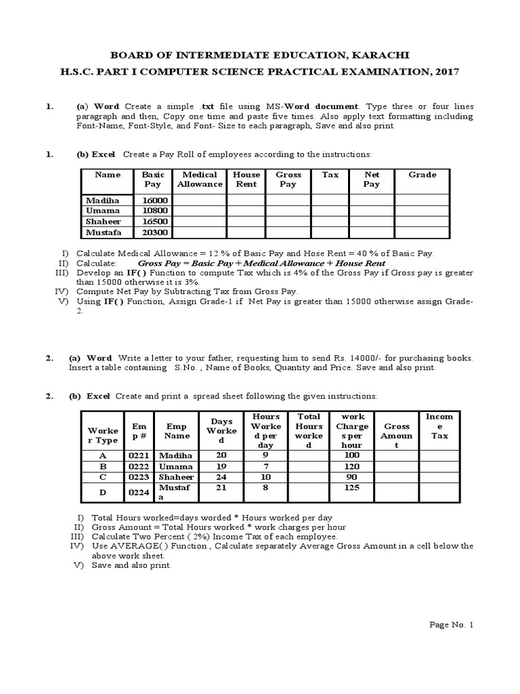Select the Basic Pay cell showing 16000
[x=154, y=200]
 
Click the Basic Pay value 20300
[x=154, y=232]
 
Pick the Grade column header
[x=422, y=175]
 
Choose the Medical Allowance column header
[x=200, y=180]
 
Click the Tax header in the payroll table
[x=330, y=175]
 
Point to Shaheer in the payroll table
[x=102, y=222]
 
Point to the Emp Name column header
[x=176, y=431]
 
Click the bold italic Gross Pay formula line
[x=261, y=263]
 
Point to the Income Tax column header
[x=439, y=426]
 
